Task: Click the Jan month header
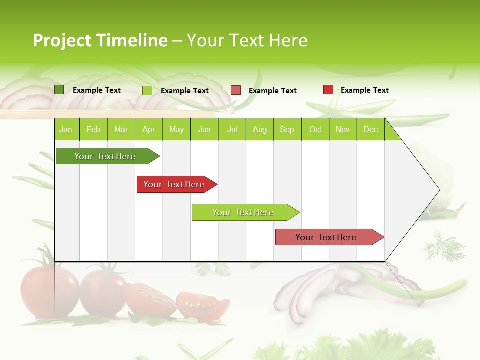pos(66,129)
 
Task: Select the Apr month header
pos(148,129)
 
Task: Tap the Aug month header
pos(259,129)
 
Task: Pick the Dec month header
pos(370,129)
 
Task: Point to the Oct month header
pos(315,129)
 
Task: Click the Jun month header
pos(204,129)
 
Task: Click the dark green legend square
pos(59,90)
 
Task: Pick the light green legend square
pos(147,90)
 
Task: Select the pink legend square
pos(236,90)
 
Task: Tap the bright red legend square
pos(328,90)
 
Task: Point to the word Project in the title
pos(62,40)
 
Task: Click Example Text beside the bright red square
pos(364,90)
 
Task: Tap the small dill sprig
pos(439,246)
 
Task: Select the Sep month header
pos(287,129)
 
